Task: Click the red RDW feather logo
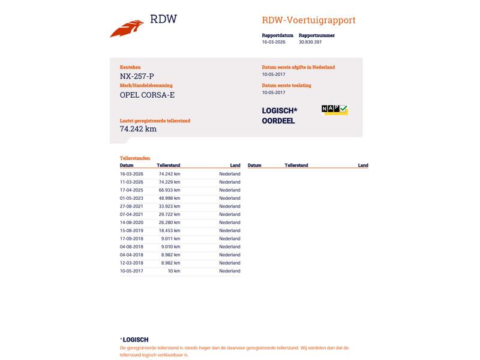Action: pyautogui.click(x=127, y=28)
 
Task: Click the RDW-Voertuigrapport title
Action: pyautogui.click(x=308, y=20)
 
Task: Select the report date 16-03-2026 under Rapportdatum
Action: pyautogui.click(x=274, y=42)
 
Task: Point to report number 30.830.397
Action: pyautogui.click(x=310, y=42)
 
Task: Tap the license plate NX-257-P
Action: pyautogui.click(x=137, y=76)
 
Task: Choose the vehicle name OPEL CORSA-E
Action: pyautogui.click(x=147, y=95)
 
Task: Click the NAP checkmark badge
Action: pyautogui.click(x=334, y=109)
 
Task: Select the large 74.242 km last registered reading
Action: pyautogui.click(x=138, y=128)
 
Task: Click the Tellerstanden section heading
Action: pyautogui.click(x=135, y=158)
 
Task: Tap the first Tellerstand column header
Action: pyautogui.click(x=168, y=165)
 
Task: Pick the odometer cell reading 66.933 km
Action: pyautogui.click(x=169, y=190)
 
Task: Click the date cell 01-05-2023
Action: pyautogui.click(x=131, y=198)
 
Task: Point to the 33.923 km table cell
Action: pyautogui.click(x=169, y=206)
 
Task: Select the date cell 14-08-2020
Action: pyautogui.click(x=131, y=223)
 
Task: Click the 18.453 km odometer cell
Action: pyautogui.click(x=169, y=230)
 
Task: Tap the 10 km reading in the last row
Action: pyautogui.click(x=173, y=271)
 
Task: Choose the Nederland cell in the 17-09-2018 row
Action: pyautogui.click(x=229, y=239)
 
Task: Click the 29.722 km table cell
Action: pyautogui.click(x=169, y=214)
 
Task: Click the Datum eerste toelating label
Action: pyautogui.click(x=286, y=85)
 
